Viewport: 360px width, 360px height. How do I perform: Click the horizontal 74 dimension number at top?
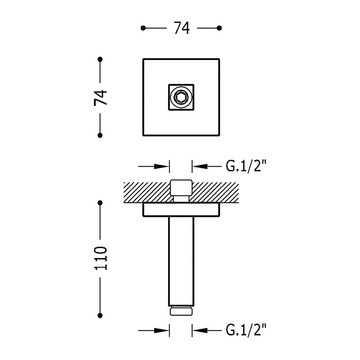coord(181,28)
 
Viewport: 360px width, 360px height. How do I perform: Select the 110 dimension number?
coord(100,258)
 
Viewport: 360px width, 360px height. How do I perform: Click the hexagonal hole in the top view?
coord(181,97)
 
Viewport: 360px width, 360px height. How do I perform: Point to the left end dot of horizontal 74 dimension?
coord(143,28)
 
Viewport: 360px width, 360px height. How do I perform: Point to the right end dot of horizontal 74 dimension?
coord(219,28)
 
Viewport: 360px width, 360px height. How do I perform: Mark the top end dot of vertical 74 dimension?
coord(100,59)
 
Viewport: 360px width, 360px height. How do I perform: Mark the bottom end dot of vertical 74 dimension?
coord(100,135)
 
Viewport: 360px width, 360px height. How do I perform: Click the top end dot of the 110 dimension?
coord(100,203)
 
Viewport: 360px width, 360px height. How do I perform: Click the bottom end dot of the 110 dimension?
coord(100,315)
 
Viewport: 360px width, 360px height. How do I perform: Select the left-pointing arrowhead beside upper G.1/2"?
coord(200,166)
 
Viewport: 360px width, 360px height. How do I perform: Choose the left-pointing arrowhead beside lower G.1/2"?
coord(200,330)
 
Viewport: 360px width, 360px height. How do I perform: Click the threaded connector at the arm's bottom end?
coord(181,311)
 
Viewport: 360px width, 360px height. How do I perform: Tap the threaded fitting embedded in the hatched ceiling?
coord(181,191)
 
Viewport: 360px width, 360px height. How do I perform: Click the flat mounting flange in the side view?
coord(181,210)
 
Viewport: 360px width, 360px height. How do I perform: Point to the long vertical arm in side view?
coord(181,261)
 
